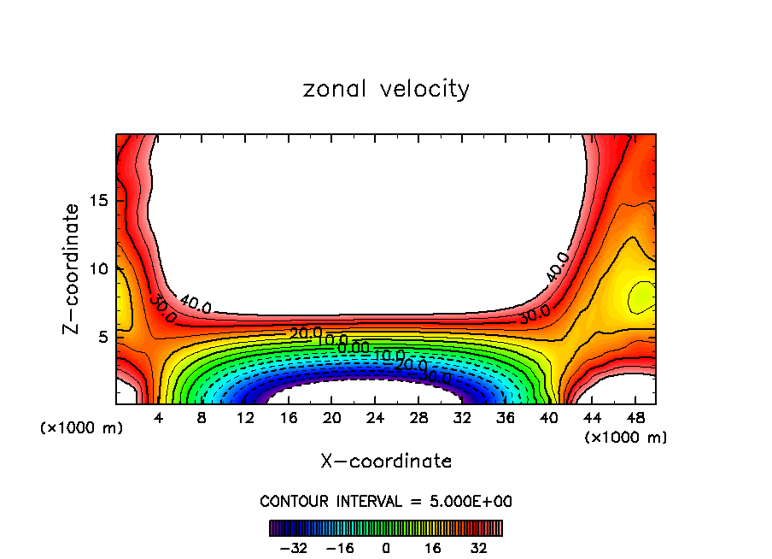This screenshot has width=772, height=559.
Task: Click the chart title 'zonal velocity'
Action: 386,89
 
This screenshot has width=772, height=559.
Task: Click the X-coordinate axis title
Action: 386,462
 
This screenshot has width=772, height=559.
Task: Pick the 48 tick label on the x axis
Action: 635,418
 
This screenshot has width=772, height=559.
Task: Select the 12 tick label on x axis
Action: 245,418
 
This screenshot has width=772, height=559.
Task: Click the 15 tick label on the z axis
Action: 99,201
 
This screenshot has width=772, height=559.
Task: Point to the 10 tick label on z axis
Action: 99,268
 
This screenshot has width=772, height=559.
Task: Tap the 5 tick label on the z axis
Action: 103,337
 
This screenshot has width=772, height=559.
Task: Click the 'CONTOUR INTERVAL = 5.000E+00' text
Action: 386,501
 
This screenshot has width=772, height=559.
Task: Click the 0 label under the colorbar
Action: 386,547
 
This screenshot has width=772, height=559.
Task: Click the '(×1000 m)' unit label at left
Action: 82,428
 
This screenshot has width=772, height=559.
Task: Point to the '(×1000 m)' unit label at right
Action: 626,437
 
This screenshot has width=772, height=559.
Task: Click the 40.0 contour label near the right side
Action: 557,267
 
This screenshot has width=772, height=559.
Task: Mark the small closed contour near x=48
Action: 641,297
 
